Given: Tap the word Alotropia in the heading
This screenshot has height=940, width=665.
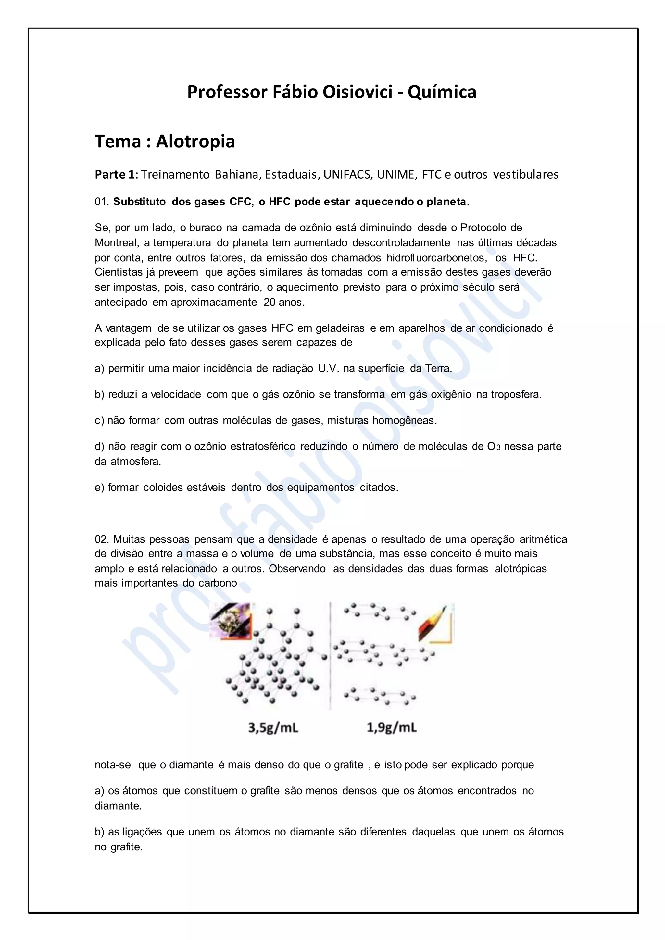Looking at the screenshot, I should tap(195, 142).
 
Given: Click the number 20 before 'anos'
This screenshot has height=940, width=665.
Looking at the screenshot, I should tap(270, 303).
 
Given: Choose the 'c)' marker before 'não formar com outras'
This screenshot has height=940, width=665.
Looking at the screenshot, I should tap(99, 420).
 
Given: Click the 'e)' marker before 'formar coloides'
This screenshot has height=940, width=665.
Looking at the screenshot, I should tap(99, 488).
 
